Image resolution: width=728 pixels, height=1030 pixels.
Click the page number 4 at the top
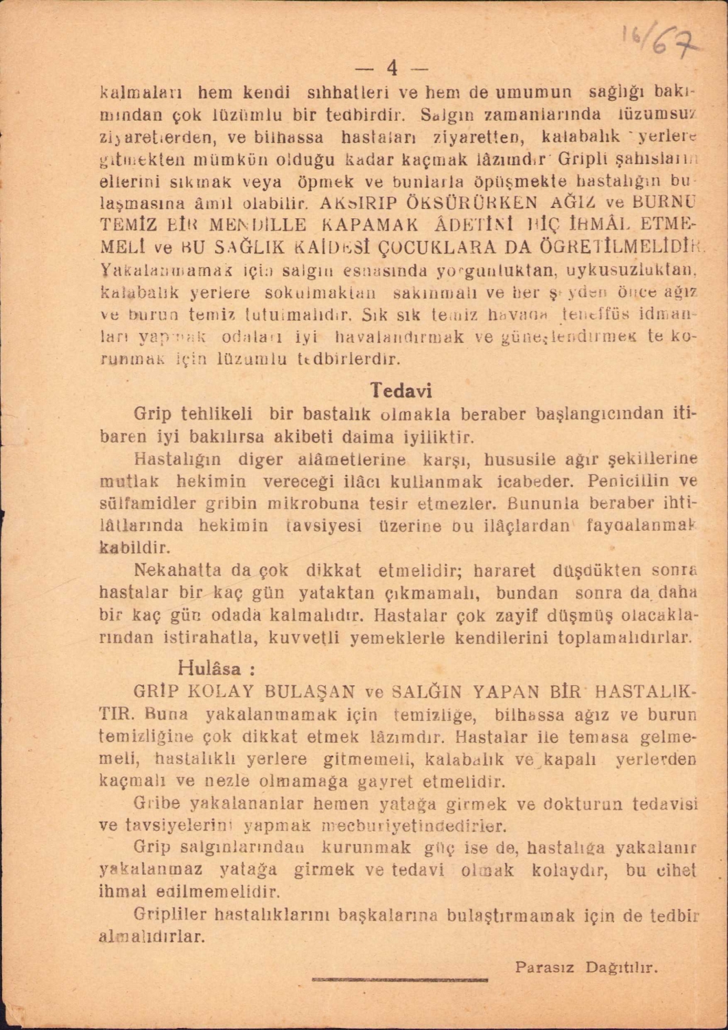click(x=392, y=68)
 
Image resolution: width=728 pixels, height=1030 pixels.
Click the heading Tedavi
click(x=401, y=391)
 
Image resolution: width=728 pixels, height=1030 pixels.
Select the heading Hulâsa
click(x=215, y=668)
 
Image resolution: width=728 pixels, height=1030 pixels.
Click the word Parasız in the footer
click(x=545, y=968)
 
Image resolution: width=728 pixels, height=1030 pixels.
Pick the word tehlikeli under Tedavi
click(x=215, y=414)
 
